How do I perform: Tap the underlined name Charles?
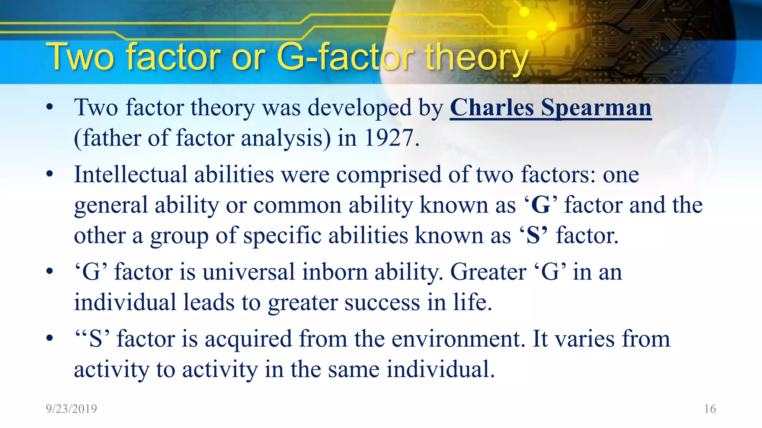coord(492,108)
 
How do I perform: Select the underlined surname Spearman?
coord(596,108)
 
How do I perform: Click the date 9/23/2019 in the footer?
coord(71,409)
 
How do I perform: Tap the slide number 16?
coord(710,409)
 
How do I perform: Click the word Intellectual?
coord(131,174)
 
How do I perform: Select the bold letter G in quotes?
coord(541,205)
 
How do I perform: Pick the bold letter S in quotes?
coord(533,236)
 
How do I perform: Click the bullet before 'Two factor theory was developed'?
coord(50,108)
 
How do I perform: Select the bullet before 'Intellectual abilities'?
coord(50,174)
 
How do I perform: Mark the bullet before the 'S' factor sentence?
coord(50,339)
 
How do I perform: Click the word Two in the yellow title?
coord(80,58)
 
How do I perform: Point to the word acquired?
coord(248,340)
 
